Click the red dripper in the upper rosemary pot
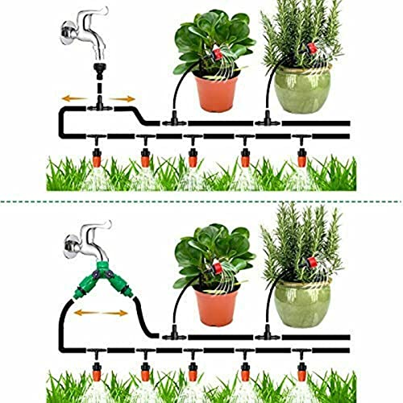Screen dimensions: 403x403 (311, 50)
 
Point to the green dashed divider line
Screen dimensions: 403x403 (201, 201)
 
